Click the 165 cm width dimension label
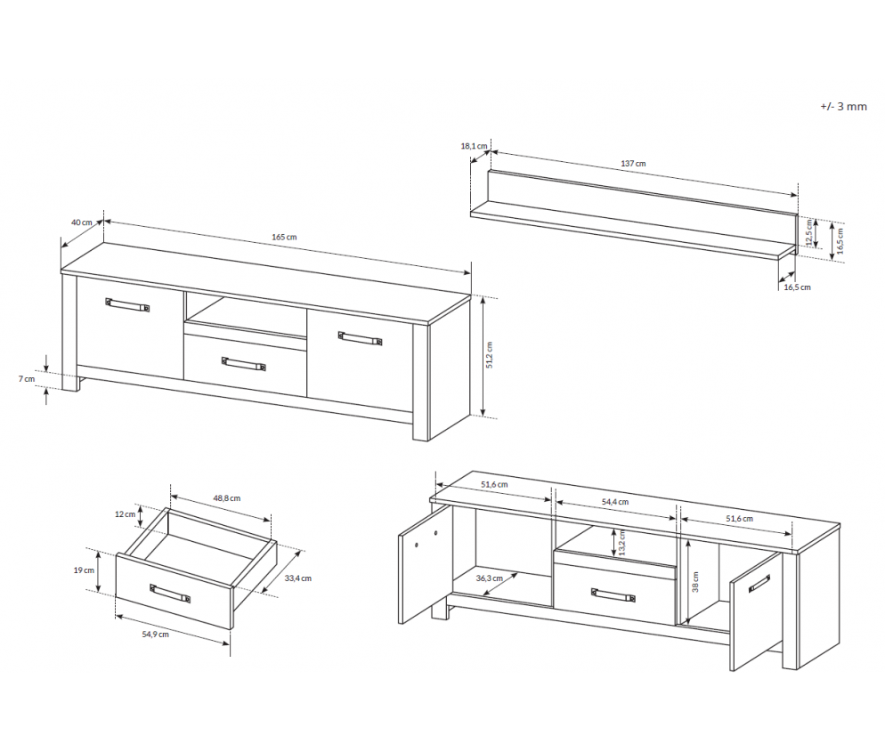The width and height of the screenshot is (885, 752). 284,237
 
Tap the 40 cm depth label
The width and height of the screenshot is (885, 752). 81,222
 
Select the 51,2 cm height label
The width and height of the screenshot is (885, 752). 490,355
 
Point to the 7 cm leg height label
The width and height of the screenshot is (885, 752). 27,378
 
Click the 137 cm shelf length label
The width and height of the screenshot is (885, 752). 633,164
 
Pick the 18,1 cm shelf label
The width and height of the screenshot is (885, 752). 474,146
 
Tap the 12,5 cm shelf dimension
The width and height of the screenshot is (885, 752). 808,232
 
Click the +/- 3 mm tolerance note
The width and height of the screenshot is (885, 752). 843,107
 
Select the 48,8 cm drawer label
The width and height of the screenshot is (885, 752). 227,498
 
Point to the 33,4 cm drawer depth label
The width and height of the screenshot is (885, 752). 298,578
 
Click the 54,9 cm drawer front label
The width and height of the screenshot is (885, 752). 155,635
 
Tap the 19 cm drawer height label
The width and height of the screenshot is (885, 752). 84,570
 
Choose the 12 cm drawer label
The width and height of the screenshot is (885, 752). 125,513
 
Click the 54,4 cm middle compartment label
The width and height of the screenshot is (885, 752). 614,502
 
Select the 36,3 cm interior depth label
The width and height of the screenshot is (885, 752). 490,578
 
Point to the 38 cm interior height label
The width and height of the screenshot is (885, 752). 695,582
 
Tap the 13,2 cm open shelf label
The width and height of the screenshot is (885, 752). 622,542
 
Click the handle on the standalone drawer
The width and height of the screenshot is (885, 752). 170,594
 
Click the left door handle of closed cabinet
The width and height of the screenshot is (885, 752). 127,304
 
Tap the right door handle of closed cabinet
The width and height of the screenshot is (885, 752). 360,338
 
